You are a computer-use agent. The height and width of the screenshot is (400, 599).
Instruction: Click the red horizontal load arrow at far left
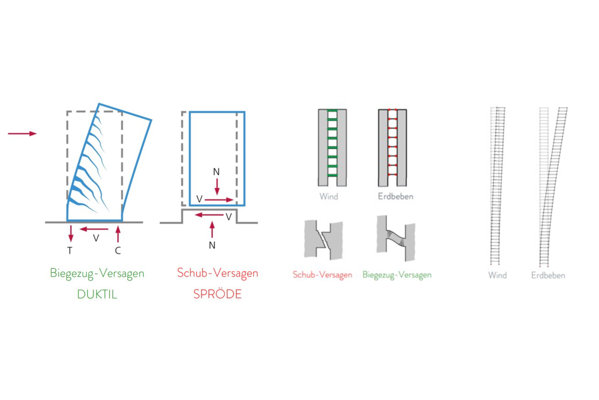[22, 133]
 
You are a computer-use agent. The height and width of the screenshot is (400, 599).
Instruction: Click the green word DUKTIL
[97, 294]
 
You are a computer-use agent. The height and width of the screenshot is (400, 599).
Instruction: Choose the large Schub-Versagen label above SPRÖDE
[218, 273]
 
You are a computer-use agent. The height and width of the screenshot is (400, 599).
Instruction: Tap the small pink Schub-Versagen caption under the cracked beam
[322, 275]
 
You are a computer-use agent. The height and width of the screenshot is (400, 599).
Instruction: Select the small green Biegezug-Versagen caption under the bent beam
[397, 275]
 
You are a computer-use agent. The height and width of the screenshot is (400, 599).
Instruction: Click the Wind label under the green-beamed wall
[329, 196]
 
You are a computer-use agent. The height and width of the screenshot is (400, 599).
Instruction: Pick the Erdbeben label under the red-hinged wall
[396, 196]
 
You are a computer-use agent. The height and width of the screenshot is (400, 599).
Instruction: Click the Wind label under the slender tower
[497, 275]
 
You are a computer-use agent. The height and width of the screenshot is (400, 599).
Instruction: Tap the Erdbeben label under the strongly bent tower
[548, 275]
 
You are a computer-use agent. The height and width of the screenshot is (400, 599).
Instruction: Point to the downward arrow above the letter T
[71, 233]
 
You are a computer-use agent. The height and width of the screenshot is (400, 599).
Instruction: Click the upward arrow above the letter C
[118, 234]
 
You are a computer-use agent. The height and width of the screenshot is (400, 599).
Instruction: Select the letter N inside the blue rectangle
[216, 172]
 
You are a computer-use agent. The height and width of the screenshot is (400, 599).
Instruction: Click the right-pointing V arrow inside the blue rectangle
[219, 200]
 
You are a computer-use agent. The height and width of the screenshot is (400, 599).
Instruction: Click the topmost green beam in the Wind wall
[332, 110]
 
